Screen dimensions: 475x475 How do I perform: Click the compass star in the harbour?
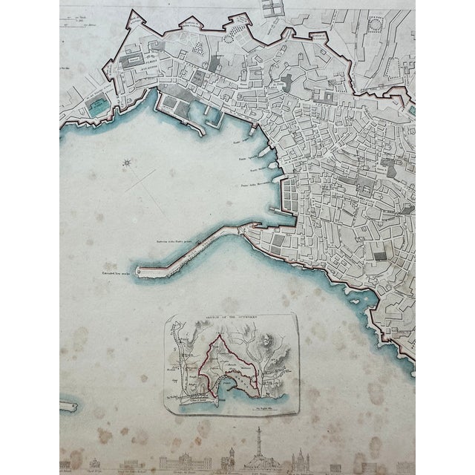[x=128, y=162]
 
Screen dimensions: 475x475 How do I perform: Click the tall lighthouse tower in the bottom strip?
[x=258, y=448]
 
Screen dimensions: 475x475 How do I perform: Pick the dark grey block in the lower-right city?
[x=379, y=256]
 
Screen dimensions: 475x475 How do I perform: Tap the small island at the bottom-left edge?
[x=69, y=406]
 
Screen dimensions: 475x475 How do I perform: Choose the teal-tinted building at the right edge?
[x=411, y=111]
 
